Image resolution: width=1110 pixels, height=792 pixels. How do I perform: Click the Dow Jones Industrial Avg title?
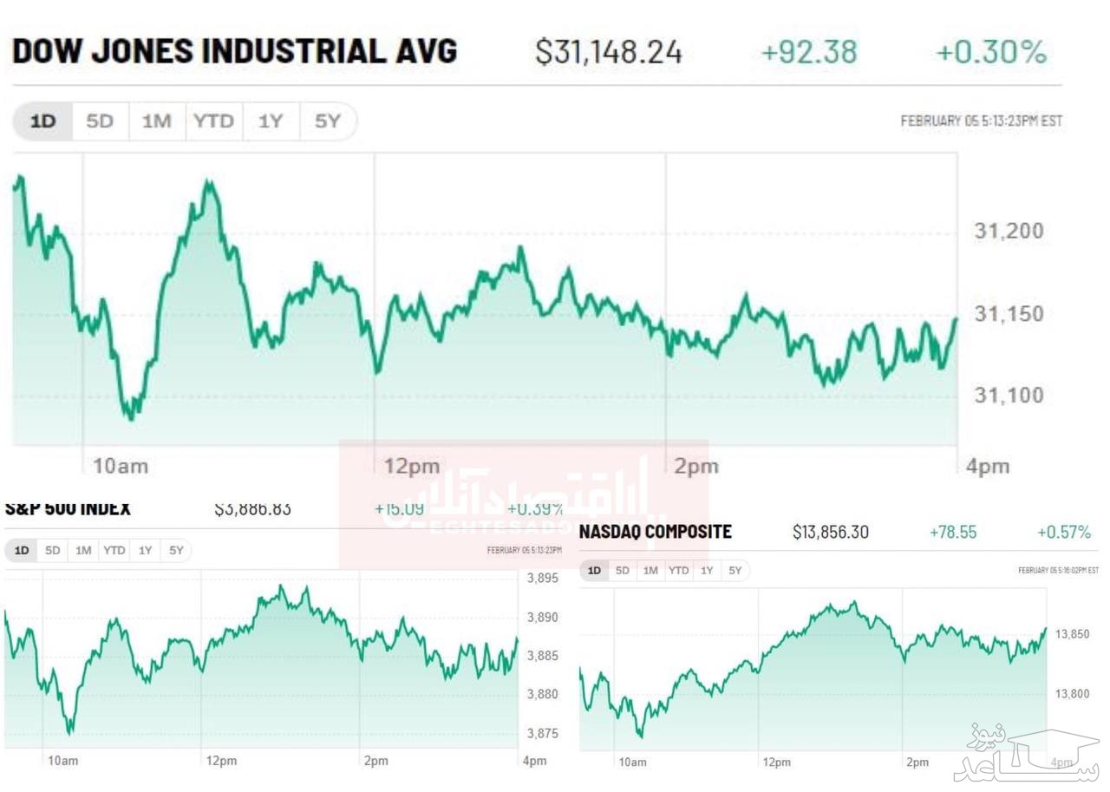point(234,52)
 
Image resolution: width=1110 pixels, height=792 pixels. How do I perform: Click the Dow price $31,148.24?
point(609,53)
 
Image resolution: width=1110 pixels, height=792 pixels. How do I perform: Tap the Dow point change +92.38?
point(808,53)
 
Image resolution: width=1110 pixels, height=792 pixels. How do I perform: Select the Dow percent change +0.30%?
point(991,53)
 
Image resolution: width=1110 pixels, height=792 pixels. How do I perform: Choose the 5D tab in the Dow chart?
point(100,121)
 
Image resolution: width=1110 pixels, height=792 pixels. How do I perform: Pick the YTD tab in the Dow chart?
point(213,121)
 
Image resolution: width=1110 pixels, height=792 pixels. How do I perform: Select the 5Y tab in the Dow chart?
point(327,121)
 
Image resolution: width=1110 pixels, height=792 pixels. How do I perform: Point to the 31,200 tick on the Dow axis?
point(1009,232)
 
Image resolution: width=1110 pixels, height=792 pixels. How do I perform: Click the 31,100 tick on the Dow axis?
point(1009,396)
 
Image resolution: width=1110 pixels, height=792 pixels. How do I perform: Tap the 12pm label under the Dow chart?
point(412,467)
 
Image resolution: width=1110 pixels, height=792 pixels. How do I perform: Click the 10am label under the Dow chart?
point(120,467)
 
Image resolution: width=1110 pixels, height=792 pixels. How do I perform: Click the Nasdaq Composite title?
point(656,532)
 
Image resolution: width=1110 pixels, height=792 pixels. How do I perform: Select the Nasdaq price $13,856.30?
point(831,532)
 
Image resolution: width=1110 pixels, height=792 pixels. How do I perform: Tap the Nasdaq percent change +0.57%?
point(1064,532)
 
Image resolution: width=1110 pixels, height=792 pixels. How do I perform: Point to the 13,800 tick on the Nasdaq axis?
point(1072,694)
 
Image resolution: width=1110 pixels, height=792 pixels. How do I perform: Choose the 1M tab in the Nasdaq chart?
point(650,571)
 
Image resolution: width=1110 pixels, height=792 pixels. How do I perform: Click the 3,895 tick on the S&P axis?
point(543,579)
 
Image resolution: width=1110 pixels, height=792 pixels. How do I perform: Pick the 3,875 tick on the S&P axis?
point(543,734)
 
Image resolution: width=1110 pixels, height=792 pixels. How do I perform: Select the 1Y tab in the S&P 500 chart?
point(145,550)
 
